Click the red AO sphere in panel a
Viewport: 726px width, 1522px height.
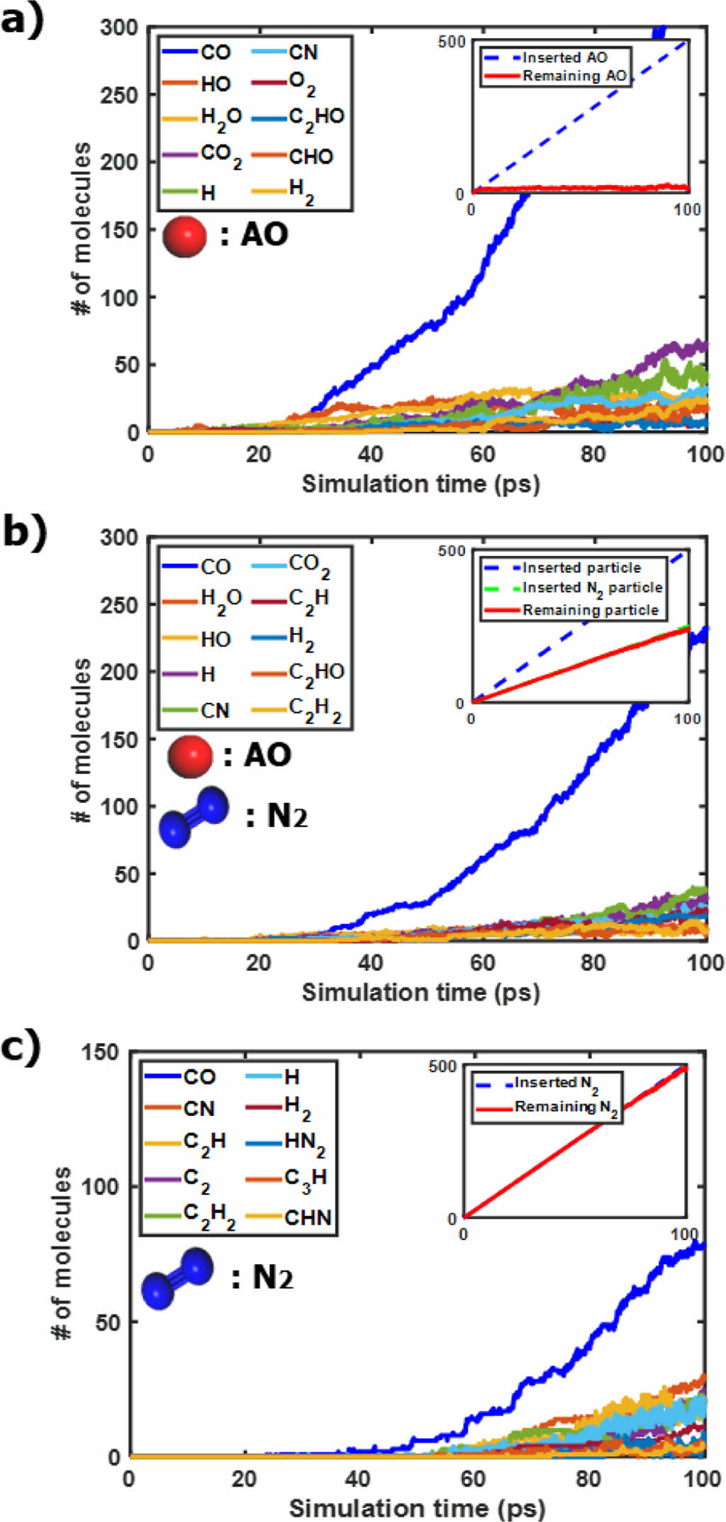(184, 236)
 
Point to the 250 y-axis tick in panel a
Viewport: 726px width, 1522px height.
(119, 94)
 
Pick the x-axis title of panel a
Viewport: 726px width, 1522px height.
(420, 484)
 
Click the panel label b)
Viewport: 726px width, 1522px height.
(23, 531)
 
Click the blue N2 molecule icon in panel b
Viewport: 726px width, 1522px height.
(194, 817)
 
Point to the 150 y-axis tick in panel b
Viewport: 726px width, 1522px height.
(119, 739)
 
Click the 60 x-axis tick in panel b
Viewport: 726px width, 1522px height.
(482, 962)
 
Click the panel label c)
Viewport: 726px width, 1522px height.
(21, 1047)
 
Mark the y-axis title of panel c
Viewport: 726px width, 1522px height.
(62, 1253)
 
